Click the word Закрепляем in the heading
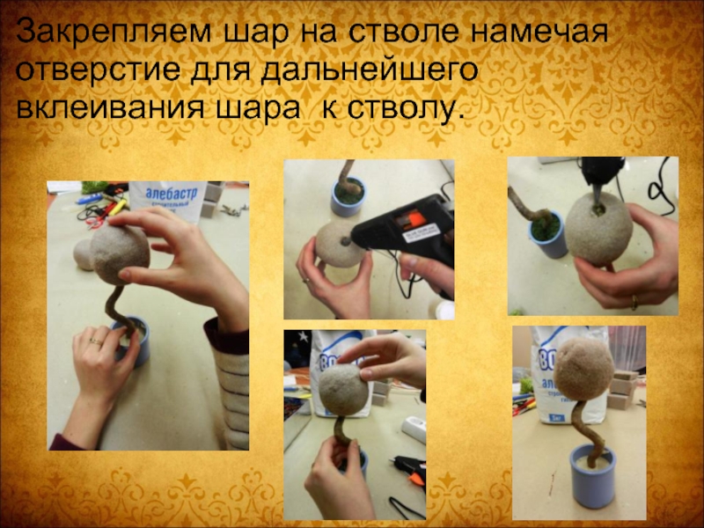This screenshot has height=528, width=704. pos(114,33)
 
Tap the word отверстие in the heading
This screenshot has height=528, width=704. pos(98,70)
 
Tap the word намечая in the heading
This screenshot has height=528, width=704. pos(537,33)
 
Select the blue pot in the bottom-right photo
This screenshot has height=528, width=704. pos(592,476)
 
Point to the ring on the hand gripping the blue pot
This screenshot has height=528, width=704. pos(95,342)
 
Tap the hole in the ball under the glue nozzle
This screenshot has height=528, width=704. pos(598,209)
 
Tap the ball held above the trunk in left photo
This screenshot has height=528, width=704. pos(120,254)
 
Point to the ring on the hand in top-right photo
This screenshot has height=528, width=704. pos(634,301)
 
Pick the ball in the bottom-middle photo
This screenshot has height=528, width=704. pos(344,389)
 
